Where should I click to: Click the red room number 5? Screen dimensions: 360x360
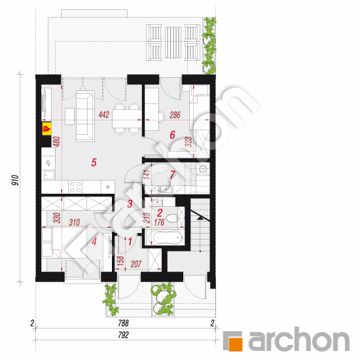click(94, 162)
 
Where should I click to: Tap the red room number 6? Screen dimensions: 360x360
click(172, 135)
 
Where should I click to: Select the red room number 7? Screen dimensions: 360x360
click(173, 175)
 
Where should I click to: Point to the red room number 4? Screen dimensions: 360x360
click(94, 242)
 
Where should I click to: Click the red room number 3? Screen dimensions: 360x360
click(130, 204)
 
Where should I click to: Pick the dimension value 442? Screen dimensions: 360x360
click(104, 115)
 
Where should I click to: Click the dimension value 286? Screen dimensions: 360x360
click(175, 115)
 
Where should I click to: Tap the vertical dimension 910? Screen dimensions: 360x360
click(16, 180)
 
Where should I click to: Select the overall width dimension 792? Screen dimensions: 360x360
click(123, 335)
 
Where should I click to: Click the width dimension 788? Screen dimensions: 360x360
click(123, 323)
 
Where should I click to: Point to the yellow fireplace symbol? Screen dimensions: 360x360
click(46, 129)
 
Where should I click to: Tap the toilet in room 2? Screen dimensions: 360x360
click(172, 219)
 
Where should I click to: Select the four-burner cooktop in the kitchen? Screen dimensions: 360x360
click(75, 187)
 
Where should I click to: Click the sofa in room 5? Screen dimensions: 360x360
click(85, 116)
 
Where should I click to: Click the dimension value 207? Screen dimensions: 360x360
click(136, 264)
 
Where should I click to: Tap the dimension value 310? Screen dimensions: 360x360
click(75, 223)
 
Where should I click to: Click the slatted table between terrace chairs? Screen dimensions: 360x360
click(173, 43)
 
